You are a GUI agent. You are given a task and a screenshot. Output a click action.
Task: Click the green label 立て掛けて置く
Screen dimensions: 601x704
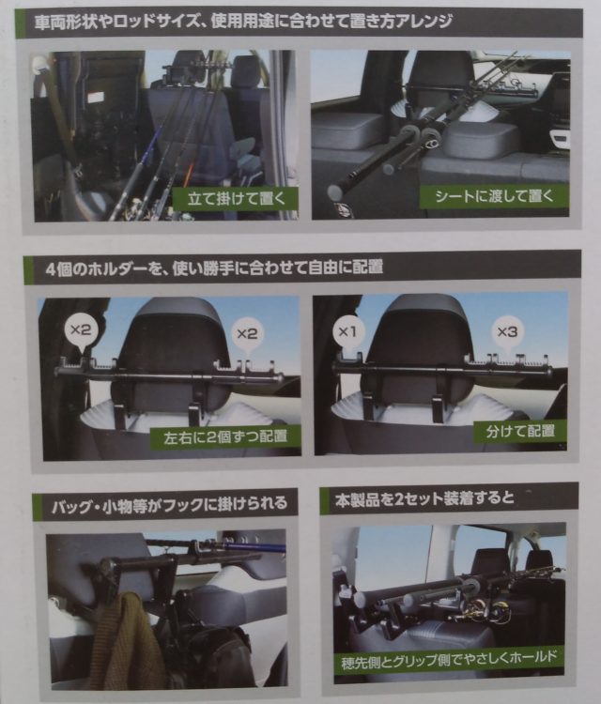coord(236,198)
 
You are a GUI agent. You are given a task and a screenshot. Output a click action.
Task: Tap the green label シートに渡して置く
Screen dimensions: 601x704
coord(494,196)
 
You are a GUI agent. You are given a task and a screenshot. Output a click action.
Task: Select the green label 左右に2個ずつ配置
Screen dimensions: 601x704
coord(225,436)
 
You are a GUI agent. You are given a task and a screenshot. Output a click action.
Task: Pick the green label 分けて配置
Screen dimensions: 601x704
coord(520,432)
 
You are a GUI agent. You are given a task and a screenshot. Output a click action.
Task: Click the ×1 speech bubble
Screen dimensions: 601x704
coord(348,332)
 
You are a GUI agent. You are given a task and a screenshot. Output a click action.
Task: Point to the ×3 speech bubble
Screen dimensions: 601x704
coord(507,332)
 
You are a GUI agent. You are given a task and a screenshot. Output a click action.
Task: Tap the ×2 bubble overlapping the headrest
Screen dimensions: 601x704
coord(247,334)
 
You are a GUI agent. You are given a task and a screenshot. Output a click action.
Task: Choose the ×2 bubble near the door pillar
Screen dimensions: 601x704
coord(81,331)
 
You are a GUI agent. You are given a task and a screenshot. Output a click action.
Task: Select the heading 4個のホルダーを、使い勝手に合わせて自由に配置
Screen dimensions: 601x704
coord(214,268)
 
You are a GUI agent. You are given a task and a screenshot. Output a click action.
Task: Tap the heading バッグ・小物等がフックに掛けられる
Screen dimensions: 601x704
coord(169,504)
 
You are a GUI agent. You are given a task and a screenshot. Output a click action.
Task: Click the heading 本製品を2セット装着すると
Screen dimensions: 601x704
coord(424,498)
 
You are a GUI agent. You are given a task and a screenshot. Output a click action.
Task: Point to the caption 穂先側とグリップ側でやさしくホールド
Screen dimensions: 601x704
coord(449,660)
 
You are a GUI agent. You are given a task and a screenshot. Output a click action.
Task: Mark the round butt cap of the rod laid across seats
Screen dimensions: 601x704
coord(334,191)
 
